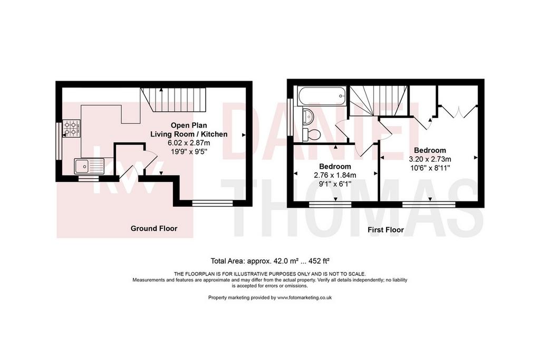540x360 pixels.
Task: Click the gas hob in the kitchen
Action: click(x=71, y=128)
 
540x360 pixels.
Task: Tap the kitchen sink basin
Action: click(x=83, y=167)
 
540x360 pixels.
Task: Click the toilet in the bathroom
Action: click(x=312, y=134)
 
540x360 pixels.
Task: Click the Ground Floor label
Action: click(x=154, y=228)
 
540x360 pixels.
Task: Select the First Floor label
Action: click(x=385, y=230)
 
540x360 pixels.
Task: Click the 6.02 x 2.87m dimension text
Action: click(x=189, y=142)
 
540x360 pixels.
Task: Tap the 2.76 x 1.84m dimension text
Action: click(x=335, y=175)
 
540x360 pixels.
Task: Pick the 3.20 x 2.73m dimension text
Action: click(x=430, y=159)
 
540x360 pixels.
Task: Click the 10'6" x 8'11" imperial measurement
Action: click(x=430, y=168)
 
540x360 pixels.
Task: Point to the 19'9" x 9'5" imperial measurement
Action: click(x=189, y=151)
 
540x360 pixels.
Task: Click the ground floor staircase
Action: click(x=173, y=100)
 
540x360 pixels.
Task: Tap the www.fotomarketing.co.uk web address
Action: click(x=304, y=298)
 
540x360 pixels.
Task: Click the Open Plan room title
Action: click(x=189, y=125)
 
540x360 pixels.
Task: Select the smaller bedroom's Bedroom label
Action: click(x=335, y=167)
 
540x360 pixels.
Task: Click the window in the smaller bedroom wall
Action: click(x=330, y=205)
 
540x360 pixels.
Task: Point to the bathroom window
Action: click(x=291, y=118)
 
